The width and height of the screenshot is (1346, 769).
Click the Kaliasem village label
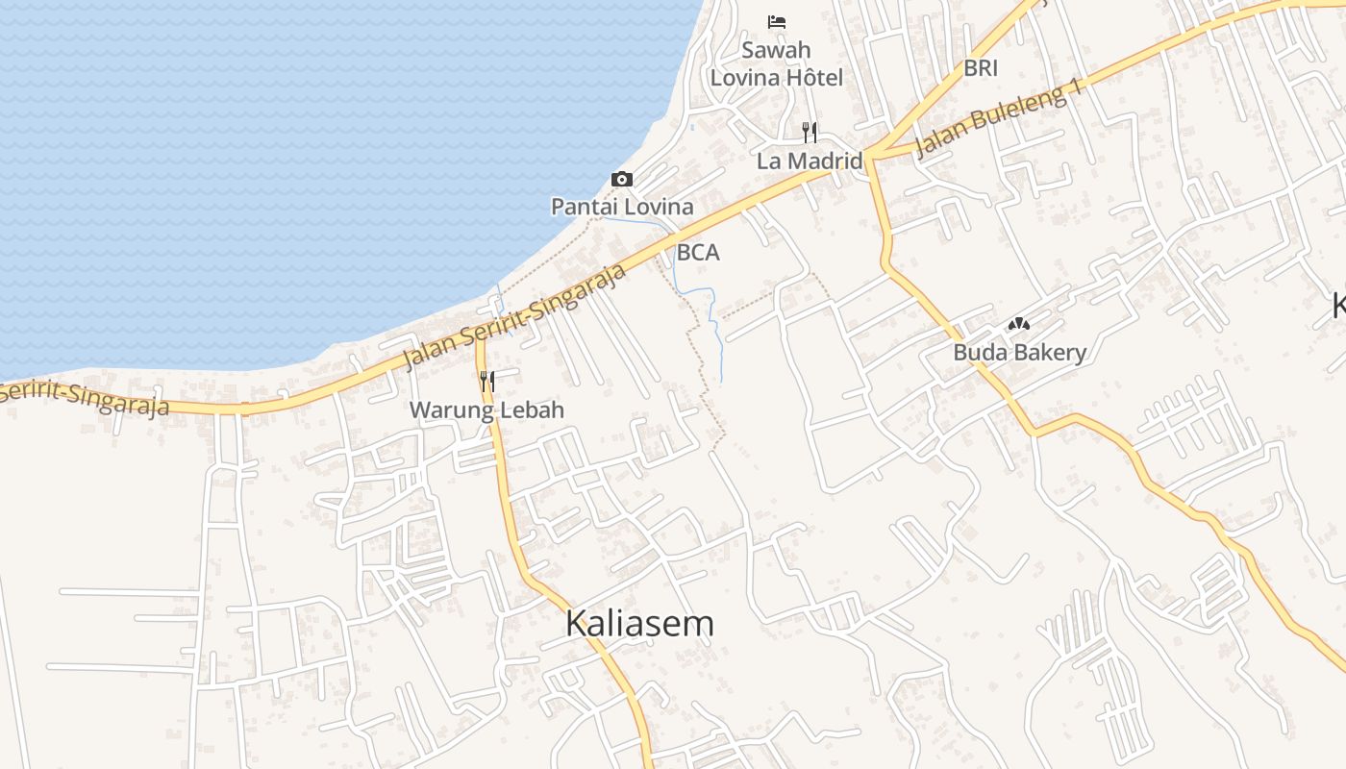click(639, 623)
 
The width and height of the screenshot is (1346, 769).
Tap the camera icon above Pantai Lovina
click(622, 179)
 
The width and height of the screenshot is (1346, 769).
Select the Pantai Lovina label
click(622, 206)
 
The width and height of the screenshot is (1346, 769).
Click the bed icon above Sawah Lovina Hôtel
click(777, 21)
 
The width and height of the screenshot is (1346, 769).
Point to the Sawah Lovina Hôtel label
click(776, 63)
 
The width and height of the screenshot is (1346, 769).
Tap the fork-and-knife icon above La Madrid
click(810, 132)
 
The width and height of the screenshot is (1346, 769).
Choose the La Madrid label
click(810, 161)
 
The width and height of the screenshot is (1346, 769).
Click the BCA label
click(698, 253)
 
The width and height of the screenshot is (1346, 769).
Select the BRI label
click(981, 68)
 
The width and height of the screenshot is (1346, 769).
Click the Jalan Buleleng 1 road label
click(1000, 119)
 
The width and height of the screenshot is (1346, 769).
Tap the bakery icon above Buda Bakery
click(1019, 325)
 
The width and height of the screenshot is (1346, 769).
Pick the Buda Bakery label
click(1019, 353)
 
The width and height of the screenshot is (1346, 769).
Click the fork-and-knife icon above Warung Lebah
click(486, 382)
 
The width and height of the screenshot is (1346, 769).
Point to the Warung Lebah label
click(486, 410)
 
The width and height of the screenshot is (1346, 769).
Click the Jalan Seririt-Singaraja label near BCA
click(515, 315)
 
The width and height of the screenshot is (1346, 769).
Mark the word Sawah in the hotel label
click(776, 50)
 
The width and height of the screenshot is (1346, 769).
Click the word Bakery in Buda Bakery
click(1047, 353)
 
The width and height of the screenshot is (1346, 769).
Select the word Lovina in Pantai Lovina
click(659, 206)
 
